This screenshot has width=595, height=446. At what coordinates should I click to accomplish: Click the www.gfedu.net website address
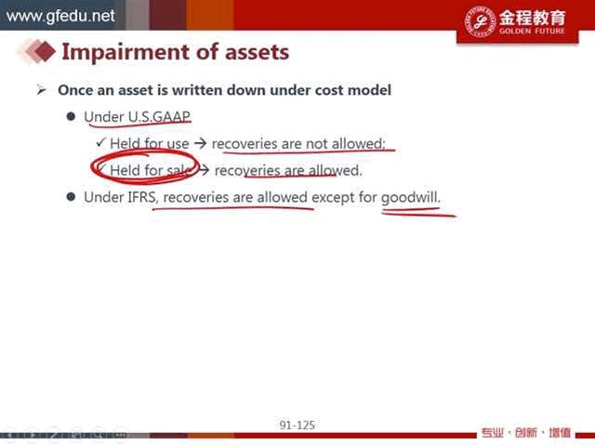(60, 16)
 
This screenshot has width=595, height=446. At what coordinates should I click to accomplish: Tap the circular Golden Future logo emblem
(481, 21)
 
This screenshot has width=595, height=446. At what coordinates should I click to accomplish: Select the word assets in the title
(257, 52)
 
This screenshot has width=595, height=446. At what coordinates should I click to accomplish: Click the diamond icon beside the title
(45, 51)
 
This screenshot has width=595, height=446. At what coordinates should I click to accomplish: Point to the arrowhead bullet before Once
(41, 90)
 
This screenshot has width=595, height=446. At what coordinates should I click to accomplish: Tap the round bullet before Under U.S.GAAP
(71, 116)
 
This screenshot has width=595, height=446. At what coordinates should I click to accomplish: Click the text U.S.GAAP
(159, 117)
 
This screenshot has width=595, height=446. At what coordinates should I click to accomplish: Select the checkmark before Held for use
(100, 142)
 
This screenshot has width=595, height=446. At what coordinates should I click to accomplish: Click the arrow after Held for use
(200, 144)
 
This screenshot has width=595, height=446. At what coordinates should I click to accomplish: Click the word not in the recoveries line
(316, 144)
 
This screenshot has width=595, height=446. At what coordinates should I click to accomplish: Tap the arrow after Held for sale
(204, 171)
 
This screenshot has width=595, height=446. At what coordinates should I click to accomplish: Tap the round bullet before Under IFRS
(71, 196)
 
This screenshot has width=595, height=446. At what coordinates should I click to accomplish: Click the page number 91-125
(297, 426)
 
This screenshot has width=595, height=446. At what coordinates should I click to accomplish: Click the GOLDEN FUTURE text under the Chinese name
(532, 31)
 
